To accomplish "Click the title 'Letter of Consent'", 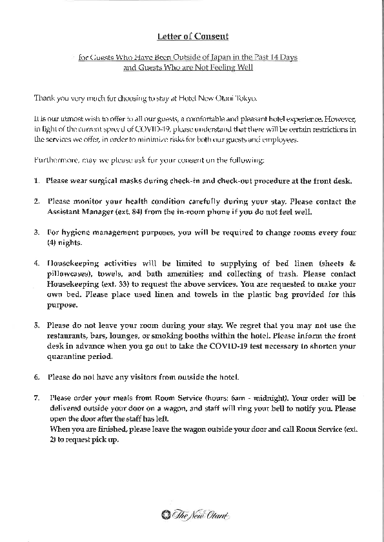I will point(193,37).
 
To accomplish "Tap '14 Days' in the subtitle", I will point(284,57).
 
